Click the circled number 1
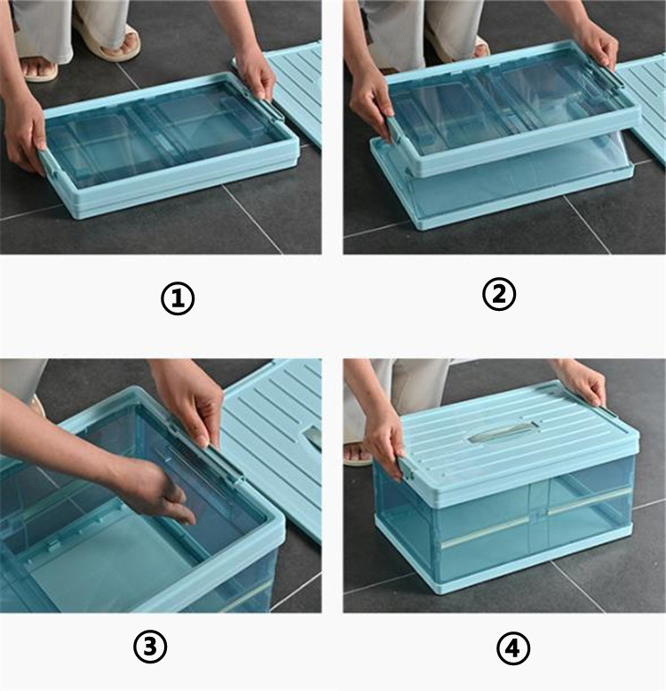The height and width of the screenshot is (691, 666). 178,298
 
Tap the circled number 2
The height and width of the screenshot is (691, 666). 499,294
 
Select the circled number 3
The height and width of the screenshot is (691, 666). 150,647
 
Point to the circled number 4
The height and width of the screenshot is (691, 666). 513,648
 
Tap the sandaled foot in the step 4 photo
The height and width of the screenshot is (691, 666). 358,454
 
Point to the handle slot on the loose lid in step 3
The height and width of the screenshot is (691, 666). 313,438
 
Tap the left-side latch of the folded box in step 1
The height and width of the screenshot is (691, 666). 49,162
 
